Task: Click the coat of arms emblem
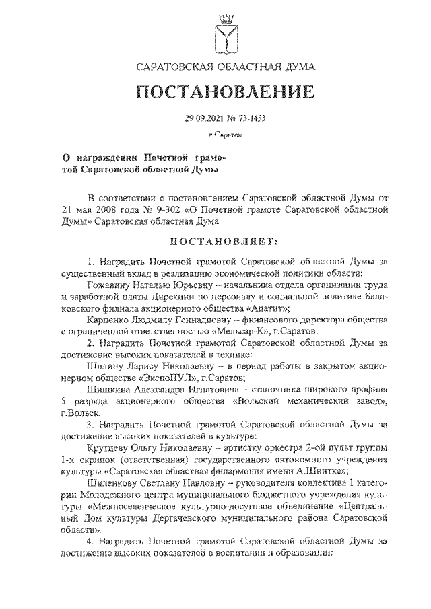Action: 224,31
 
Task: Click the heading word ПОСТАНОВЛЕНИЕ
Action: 225,92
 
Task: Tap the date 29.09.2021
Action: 203,119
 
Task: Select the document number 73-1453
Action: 250,119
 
